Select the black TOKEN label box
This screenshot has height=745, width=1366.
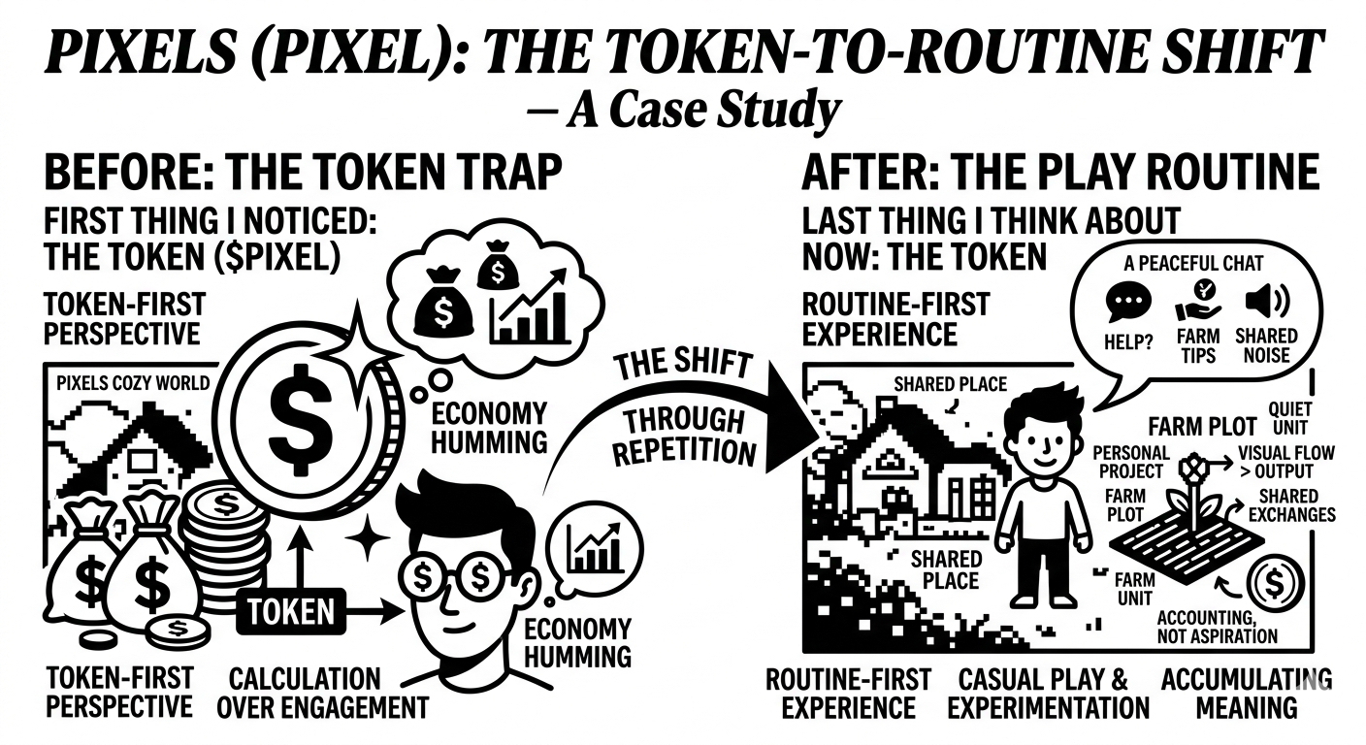click(285, 611)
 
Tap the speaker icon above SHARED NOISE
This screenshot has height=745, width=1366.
click(1264, 304)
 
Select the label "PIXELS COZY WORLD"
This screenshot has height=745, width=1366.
click(133, 382)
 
